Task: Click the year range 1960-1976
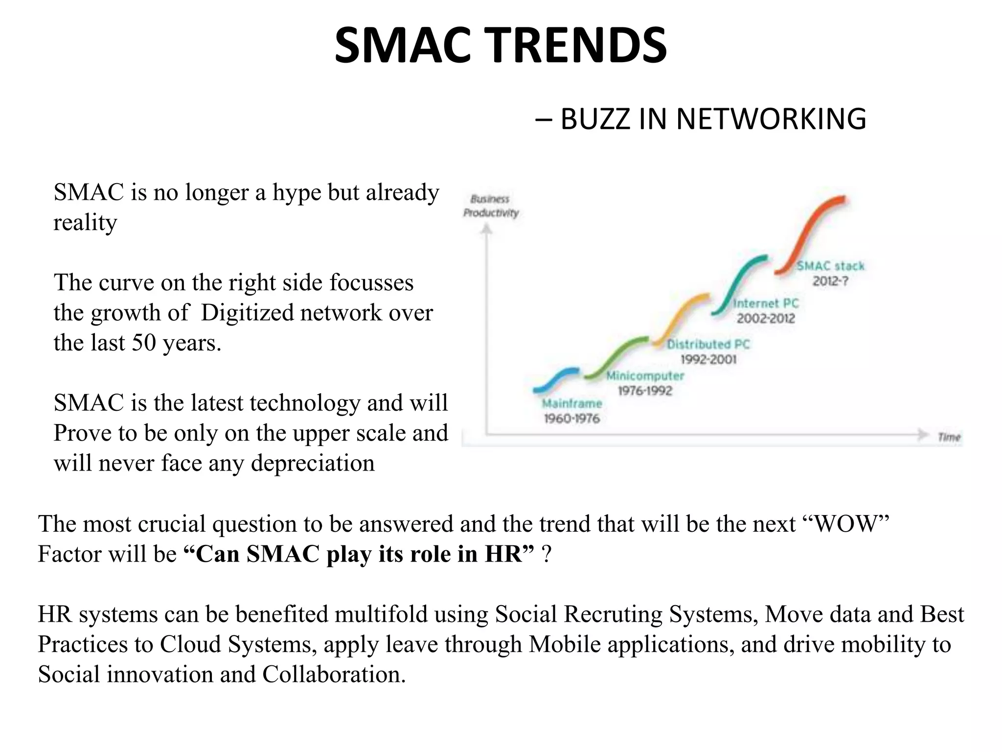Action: pos(571,419)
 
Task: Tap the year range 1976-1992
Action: pos(645,391)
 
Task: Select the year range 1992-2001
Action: pos(708,359)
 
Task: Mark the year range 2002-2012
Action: pos(766,318)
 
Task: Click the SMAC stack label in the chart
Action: pos(830,266)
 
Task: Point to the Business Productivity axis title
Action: pos(491,206)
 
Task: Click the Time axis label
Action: pos(949,437)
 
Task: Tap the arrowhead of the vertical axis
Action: pos(486,228)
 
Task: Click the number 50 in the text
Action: pos(144,343)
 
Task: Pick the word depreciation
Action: pos(313,463)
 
